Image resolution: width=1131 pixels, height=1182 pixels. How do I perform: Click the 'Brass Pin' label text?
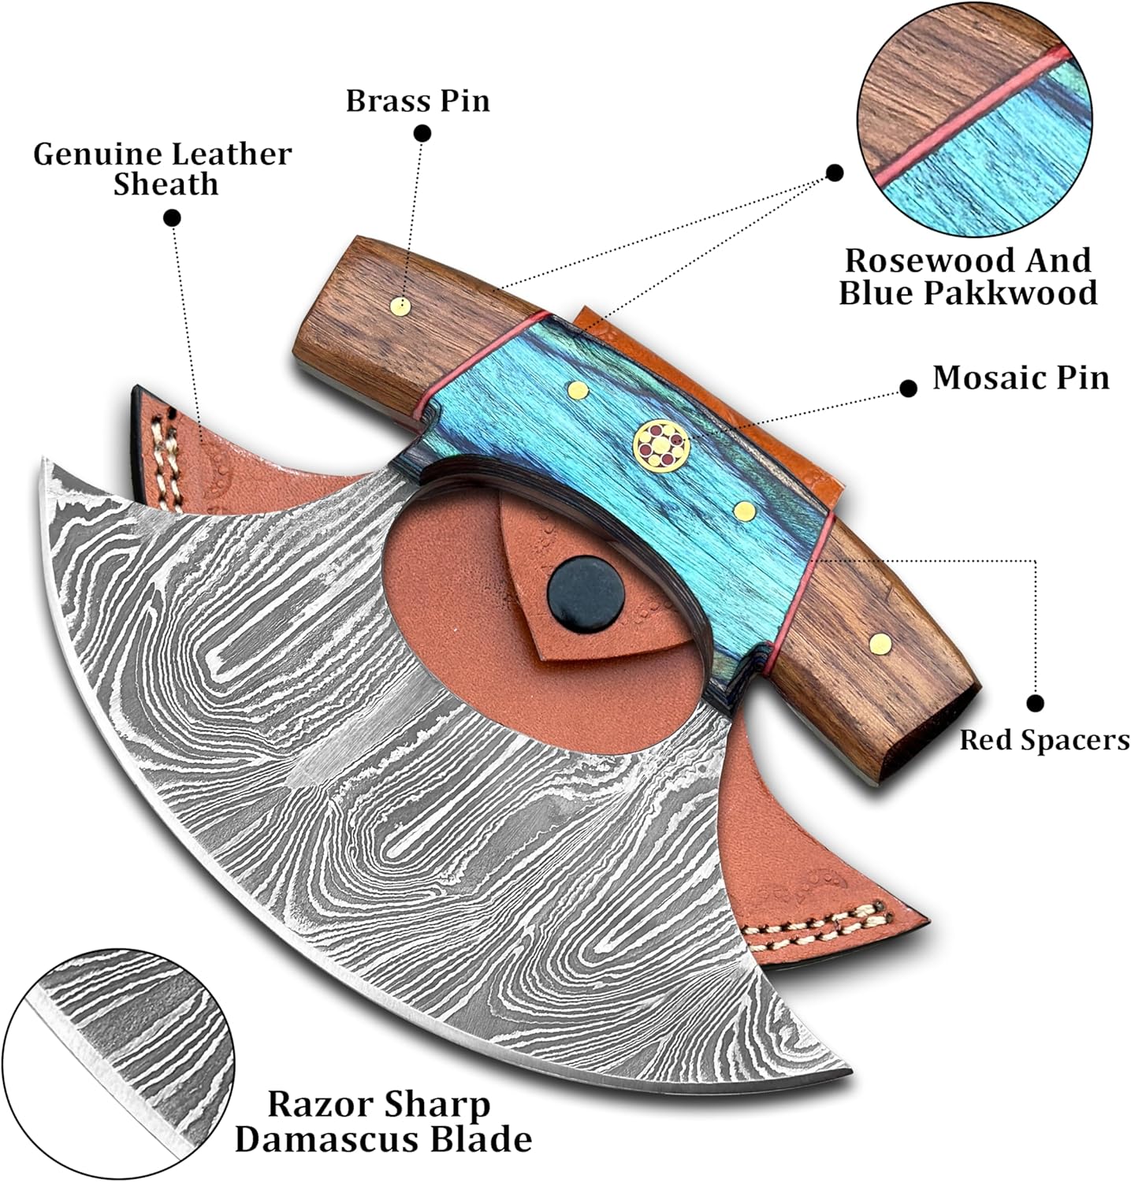coord(418,101)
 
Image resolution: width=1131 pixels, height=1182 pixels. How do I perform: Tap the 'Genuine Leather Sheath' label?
coord(162,169)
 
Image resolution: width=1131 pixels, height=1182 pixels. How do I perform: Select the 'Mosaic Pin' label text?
coord(1021,377)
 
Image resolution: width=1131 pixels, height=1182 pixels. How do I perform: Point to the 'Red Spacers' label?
coord(1044,740)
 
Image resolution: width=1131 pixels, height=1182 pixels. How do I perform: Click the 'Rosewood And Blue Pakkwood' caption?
coord(968,276)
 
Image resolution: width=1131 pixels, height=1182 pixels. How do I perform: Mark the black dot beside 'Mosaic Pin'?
coord(908,388)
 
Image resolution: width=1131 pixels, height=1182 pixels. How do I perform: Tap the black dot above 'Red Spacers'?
coord(1036,703)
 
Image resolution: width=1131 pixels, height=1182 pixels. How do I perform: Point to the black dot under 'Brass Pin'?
coord(422,133)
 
